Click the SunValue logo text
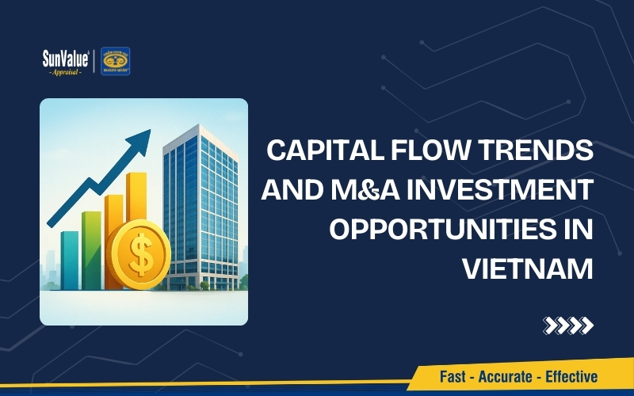(x=67, y=56)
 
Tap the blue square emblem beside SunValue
(x=116, y=61)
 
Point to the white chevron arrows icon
(x=567, y=324)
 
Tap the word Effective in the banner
(x=570, y=377)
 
